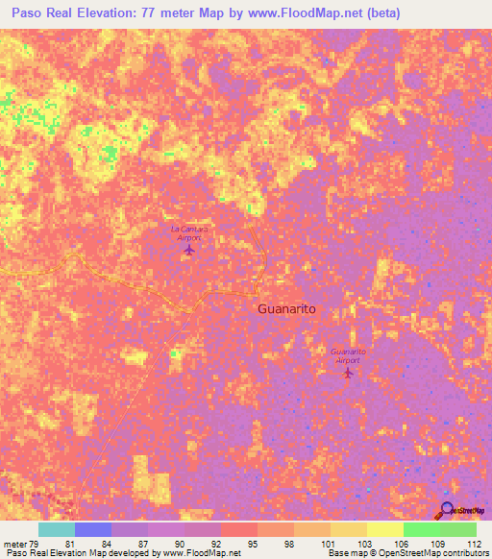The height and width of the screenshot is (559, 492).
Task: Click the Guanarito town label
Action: click(287, 310)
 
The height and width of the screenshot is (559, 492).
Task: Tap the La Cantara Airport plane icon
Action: click(188, 251)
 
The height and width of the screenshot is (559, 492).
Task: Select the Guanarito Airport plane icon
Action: click(348, 372)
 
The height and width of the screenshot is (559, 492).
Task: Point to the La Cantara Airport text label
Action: click(188, 232)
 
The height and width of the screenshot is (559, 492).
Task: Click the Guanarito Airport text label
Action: click(348, 355)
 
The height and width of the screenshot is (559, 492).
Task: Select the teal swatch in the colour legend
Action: click(57, 529)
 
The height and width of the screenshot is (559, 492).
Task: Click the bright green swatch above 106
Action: click(421, 529)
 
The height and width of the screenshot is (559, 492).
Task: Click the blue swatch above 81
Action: click(93, 529)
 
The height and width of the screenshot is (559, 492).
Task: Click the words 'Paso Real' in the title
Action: click(40, 14)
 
